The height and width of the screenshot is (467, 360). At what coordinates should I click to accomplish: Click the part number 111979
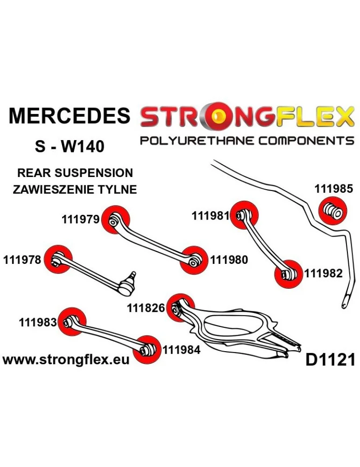[x=80, y=219]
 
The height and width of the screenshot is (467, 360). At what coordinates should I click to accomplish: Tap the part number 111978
[x=22, y=260]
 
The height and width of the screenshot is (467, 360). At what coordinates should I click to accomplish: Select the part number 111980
[x=229, y=260]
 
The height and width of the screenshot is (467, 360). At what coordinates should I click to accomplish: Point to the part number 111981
[x=210, y=216]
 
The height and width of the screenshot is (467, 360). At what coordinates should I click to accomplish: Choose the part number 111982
[x=324, y=274]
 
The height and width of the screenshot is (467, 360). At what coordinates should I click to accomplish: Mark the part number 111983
[x=38, y=322]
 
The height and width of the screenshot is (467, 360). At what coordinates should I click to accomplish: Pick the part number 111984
[x=181, y=349]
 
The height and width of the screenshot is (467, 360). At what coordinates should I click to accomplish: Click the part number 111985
[x=333, y=189]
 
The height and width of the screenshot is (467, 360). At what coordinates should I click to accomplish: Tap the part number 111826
[x=146, y=308]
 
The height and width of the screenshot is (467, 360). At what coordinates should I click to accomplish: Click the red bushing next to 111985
[x=332, y=211]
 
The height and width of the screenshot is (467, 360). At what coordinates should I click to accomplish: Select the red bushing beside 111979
[x=114, y=219]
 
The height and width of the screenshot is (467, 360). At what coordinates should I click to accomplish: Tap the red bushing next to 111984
[x=146, y=349]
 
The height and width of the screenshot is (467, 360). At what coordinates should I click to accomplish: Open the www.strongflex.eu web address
[x=66, y=360]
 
